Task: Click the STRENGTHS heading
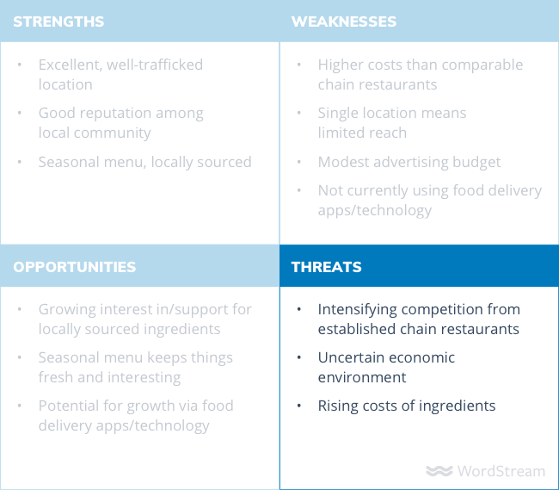tap(58, 22)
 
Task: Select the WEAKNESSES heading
tap(344, 22)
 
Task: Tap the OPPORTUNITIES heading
tap(75, 267)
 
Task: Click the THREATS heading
tap(326, 267)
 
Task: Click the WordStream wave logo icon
tap(439, 471)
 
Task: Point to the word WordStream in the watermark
tap(501, 471)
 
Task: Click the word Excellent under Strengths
tap(71, 65)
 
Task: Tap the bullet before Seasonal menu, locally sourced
tap(20, 162)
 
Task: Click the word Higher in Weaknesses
tap(341, 65)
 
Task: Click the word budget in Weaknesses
tap(476, 163)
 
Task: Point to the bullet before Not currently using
tap(299, 190)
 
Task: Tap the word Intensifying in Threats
tap(357, 310)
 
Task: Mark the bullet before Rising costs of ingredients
tap(299, 406)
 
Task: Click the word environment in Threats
tap(362, 377)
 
